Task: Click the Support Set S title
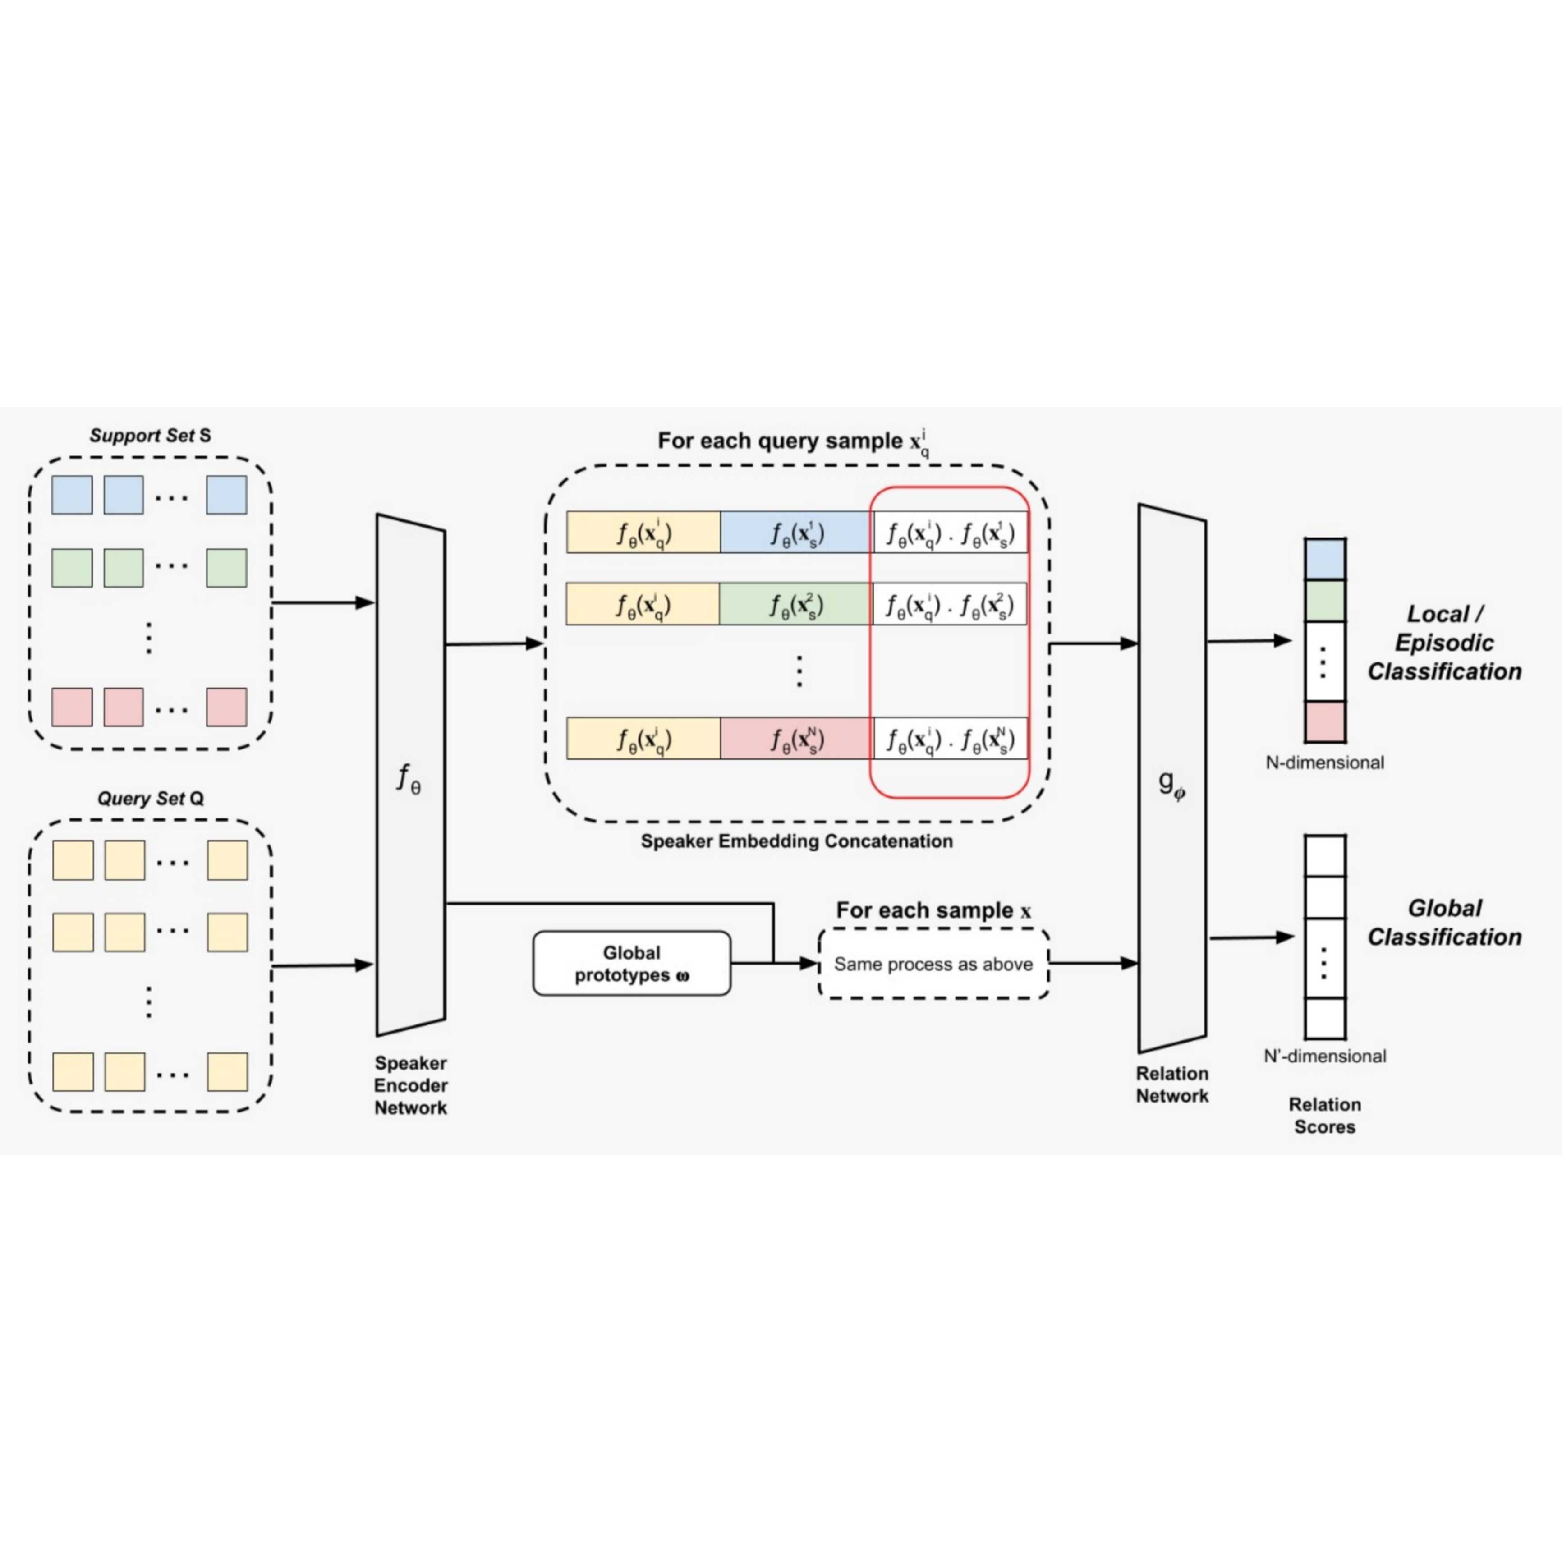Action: tap(150, 436)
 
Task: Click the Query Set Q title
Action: tap(150, 799)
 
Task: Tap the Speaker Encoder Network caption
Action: tap(410, 1085)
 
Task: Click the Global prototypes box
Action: tap(631, 964)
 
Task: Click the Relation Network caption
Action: tap(1171, 1084)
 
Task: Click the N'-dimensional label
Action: tap(1324, 1056)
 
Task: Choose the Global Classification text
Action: tap(1444, 923)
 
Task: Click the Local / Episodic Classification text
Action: tap(1444, 643)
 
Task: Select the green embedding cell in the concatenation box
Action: tap(795, 604)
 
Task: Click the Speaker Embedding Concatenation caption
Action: tap(796, 841)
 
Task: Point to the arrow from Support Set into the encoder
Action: tap(323, 602)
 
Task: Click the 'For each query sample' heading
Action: tap(792, 441)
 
